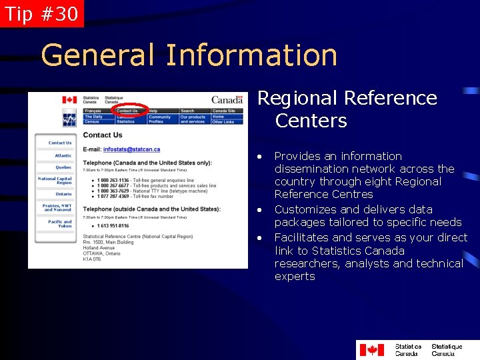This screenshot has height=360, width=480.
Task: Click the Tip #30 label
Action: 41,13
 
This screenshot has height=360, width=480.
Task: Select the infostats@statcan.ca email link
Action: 131,149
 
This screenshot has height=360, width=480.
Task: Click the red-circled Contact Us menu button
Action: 127,111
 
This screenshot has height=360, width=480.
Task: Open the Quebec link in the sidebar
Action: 63,167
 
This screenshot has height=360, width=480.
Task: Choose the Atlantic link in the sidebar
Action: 63,155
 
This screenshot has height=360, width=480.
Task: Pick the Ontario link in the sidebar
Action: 63,194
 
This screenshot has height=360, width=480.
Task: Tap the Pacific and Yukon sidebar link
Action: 59,224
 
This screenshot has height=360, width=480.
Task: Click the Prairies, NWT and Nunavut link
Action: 58,208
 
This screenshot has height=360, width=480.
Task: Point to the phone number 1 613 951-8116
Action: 114,225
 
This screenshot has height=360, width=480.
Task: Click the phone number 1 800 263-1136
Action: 113,180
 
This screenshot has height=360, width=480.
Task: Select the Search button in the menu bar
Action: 187,111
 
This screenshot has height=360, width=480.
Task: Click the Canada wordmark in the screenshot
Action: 227,100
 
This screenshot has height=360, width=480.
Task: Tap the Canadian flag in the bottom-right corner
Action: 371,349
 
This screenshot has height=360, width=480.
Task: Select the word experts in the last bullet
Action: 294,276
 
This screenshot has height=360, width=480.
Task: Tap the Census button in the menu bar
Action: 91,122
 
